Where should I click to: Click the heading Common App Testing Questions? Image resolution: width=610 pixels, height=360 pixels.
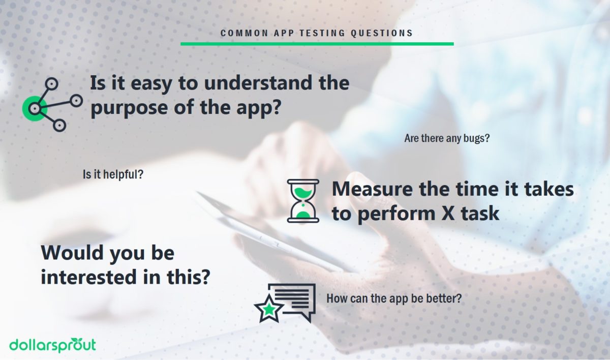(x=317, y=34)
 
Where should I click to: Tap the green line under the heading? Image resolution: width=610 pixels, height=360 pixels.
(x=317, y=44)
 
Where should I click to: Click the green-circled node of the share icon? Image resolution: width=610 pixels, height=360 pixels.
(x=35, y=108)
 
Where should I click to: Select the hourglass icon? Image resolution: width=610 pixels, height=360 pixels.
(x=303, y=201)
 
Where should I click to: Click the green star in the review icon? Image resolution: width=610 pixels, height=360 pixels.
(x=269, y=309)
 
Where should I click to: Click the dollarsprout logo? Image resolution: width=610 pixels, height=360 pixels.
(x=52, y=344)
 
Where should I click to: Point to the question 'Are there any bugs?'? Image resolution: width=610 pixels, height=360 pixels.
(x=447, y=138)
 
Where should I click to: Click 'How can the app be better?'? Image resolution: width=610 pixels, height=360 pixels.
(x=394, y=298)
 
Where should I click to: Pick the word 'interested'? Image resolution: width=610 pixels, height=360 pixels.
(x=95, y=278)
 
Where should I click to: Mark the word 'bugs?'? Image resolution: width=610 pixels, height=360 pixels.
(x=476, y=138)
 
